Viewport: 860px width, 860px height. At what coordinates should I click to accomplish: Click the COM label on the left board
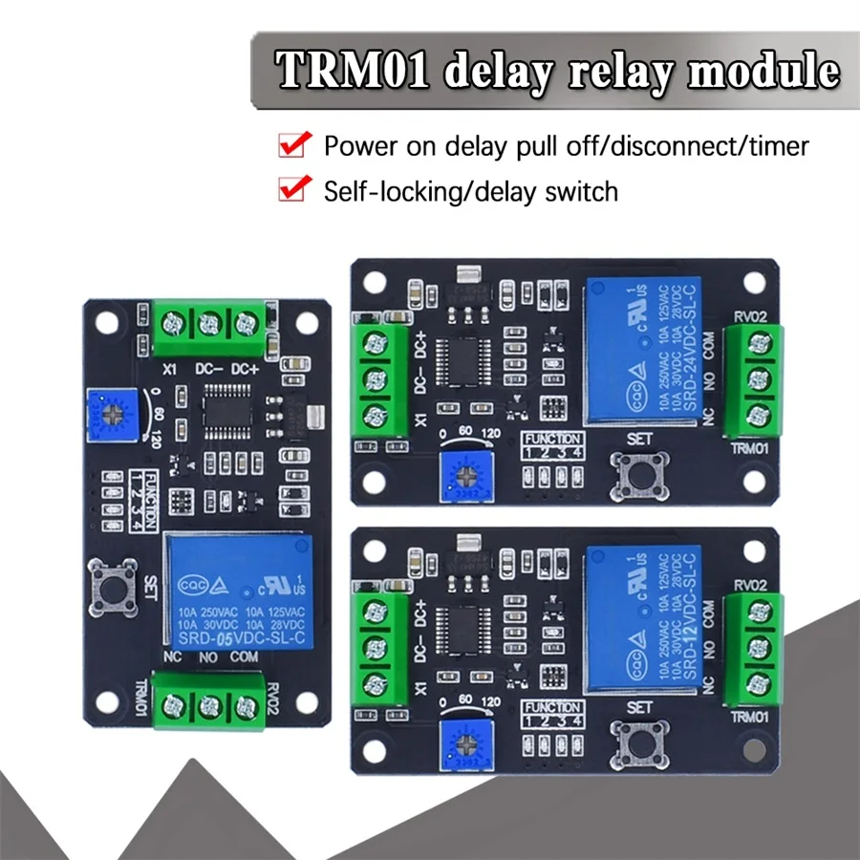(x=245, y=656)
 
